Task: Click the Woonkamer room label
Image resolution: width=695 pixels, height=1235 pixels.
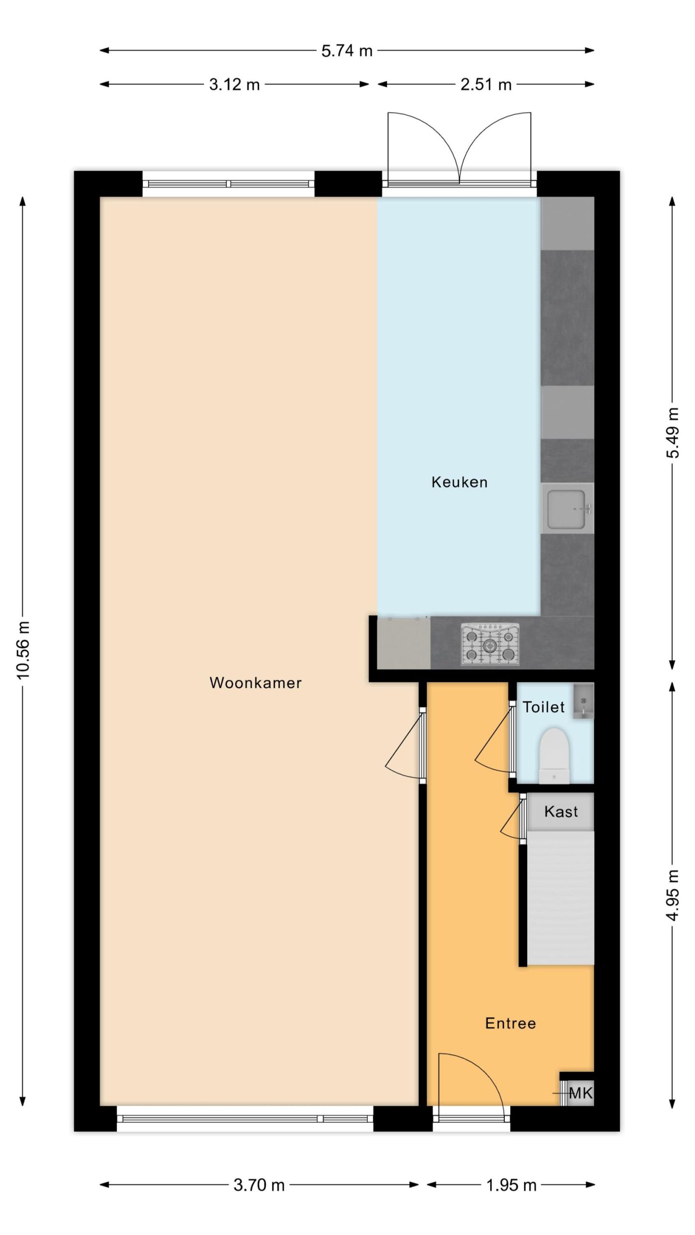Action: coord(255,683)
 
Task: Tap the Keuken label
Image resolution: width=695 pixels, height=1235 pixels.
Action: coord(459,482)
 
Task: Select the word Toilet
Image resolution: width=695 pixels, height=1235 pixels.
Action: coord(543,707)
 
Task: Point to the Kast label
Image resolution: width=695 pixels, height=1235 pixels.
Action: coord(561,811)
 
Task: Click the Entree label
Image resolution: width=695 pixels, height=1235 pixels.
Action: coord(511,1023)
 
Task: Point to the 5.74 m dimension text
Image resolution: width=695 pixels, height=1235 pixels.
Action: coord(347,51)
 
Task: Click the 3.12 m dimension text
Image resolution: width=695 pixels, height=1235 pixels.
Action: coord(234,85)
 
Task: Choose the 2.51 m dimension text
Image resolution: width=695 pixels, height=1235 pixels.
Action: coord(486,85)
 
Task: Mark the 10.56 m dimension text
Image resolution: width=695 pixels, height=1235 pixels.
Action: coord(23,650)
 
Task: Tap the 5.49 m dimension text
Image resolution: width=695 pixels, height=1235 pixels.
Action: coord(673,433)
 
